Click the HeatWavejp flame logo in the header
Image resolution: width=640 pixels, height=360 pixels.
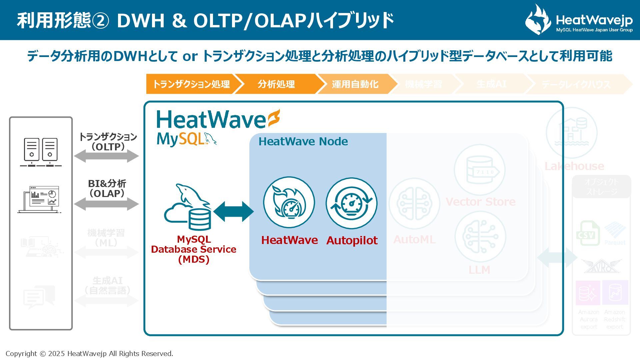click(x=537, y=20)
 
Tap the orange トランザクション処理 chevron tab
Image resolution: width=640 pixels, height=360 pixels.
click(x=191, y=84)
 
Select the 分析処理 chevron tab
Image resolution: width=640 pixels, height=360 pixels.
click(x=276, y=84)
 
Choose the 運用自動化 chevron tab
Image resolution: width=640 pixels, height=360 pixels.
click(x=355, y=84)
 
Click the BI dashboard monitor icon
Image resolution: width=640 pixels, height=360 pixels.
click(x=40, y=199)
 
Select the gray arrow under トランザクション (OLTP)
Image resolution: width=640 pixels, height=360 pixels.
click(x=106, y=156)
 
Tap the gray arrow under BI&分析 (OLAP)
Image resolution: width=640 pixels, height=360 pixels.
click(x=106, y=204)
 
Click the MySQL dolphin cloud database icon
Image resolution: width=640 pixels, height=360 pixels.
click(x=188, y=207)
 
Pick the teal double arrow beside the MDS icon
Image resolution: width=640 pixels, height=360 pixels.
click(x=234, y=211)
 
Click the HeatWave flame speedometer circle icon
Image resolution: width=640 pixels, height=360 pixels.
click(x=289, y=202)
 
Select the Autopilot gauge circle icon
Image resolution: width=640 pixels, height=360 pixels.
click(x=351, y=203)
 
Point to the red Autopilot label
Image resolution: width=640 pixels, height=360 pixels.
click(x=352, y=240)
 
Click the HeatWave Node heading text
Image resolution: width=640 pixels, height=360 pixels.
click(x=303, y=141)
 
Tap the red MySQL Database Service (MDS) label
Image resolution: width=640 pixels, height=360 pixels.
click(x=194, y=249)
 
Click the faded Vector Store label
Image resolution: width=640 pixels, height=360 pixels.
click(x=480, y=202)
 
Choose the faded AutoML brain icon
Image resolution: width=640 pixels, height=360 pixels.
click(x=414, y=203)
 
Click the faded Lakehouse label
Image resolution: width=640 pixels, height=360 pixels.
click(x=574, y=166)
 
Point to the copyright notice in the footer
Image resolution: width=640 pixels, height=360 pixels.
click(x=89, y=354)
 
